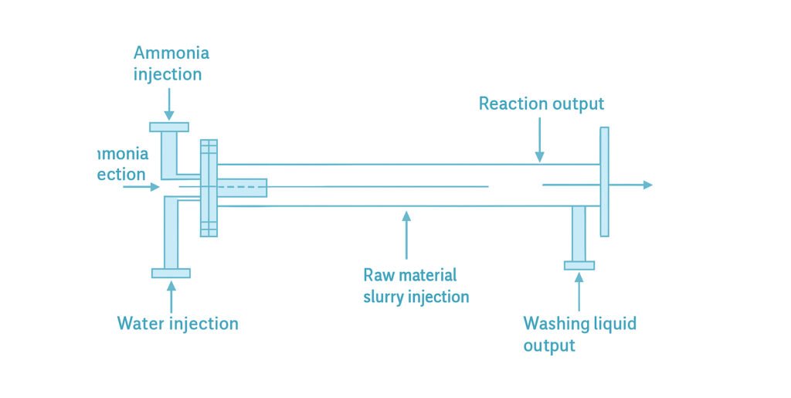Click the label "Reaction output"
541,104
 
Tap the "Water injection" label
178,322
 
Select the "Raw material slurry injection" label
416,285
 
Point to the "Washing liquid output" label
579,333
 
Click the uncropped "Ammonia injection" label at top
171,63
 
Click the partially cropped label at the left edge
123,164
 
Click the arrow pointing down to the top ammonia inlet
168,103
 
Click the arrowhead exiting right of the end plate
647,185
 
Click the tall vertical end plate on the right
604,182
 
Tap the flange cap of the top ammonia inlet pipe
169,127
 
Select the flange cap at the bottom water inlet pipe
171,272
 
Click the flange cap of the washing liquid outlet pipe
579,265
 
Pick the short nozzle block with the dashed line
242,187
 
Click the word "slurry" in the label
386,296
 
